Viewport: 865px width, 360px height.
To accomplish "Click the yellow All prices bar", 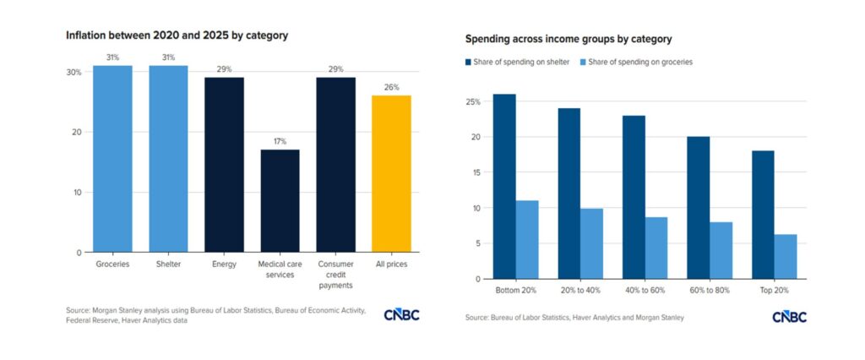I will coord(391,173).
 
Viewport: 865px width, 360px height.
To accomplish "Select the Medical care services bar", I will coord(280,200).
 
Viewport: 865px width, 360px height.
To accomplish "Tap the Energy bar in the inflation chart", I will coord(224,165).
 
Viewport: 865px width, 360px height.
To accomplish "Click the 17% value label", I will coord(280,141).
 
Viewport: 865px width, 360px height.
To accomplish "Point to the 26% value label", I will coord(391,87).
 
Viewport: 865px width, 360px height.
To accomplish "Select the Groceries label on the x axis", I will coord(112,265).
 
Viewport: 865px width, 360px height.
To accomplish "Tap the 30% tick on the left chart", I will coord(74,73).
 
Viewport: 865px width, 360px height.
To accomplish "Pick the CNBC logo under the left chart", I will coord(401,315).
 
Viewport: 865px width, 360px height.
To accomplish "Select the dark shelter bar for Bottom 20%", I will coord(504,186).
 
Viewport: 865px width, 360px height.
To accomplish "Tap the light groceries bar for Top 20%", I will coord(785,257).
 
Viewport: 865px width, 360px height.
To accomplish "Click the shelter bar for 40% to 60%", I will coord(634,197).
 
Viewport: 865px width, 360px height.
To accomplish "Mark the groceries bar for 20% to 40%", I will coord(591,243).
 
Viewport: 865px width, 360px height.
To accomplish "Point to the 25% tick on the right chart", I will coord(474,102).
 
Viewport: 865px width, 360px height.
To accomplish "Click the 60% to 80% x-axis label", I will coord(710,291).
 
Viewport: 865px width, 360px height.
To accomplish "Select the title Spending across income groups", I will coord(569,40).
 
